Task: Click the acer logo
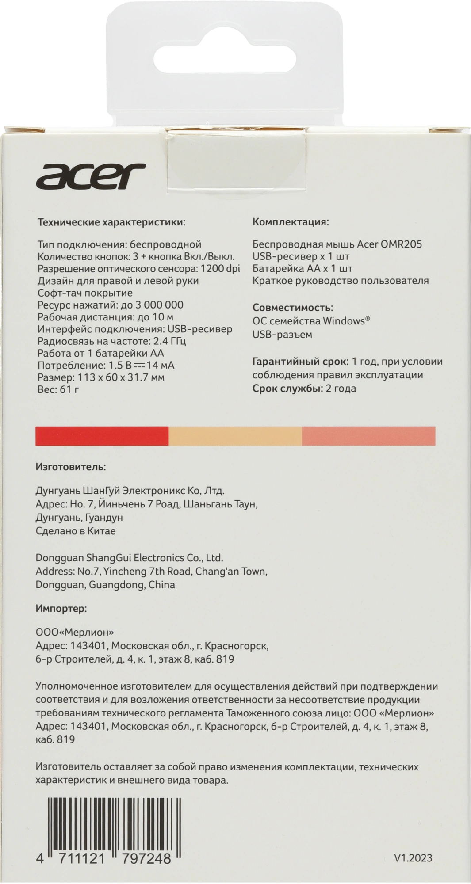(x=91, y=175)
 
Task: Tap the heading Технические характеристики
(x=111, y=222)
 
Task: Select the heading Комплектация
(x=291, y=221)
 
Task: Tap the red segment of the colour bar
(x=102, y=436)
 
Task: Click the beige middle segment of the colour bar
(x=235, y=436)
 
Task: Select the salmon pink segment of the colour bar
(x=368, y=436)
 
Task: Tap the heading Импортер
(x=61, y=609)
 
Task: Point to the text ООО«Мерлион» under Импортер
(x=71, y=632)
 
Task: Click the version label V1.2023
(x=413, y=858)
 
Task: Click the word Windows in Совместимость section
(x=344, y=321)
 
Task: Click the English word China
(x=161, y=585)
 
